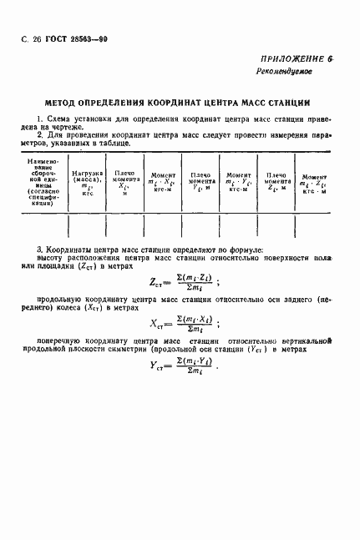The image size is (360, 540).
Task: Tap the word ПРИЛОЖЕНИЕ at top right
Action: coord(292,58)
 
